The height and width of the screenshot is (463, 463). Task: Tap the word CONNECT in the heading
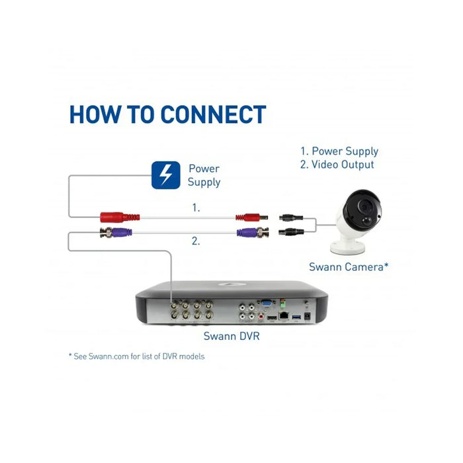click(213, 114)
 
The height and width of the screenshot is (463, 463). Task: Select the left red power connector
click(119, 216)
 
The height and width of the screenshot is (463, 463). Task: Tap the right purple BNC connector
click(249, 232)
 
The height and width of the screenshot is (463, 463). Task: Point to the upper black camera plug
click(290, 216)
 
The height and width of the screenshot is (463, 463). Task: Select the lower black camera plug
click(290, 232)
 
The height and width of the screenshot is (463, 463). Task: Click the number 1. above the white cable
click(196, 208)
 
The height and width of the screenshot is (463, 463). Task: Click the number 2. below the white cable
click(196, 241)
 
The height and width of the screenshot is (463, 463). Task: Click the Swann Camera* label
click(348, 267)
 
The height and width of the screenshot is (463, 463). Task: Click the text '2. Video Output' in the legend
click(337, 165)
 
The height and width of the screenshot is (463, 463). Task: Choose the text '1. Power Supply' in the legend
click(339, 151)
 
